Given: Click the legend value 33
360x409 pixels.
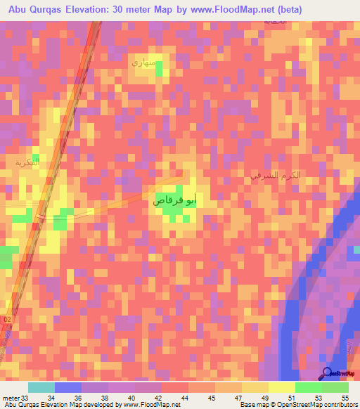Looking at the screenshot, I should [x=25, y=398].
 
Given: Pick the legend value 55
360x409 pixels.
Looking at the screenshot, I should [x=345, y=398].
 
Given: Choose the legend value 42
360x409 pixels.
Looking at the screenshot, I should [x=158, y=398].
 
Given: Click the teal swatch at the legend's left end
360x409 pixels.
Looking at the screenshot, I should [x=41, y=387].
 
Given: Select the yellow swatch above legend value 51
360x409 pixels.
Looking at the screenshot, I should [x=281, y=387].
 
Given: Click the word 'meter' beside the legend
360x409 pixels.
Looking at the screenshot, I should [x=10, y=398].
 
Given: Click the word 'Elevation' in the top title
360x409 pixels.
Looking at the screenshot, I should [x=89, y=9].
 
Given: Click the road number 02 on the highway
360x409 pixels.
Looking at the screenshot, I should [x=7, y=320].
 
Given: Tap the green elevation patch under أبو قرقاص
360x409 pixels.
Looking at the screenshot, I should [x=173, y=211].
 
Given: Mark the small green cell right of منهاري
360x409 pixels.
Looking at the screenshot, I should [x=159, y=68].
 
